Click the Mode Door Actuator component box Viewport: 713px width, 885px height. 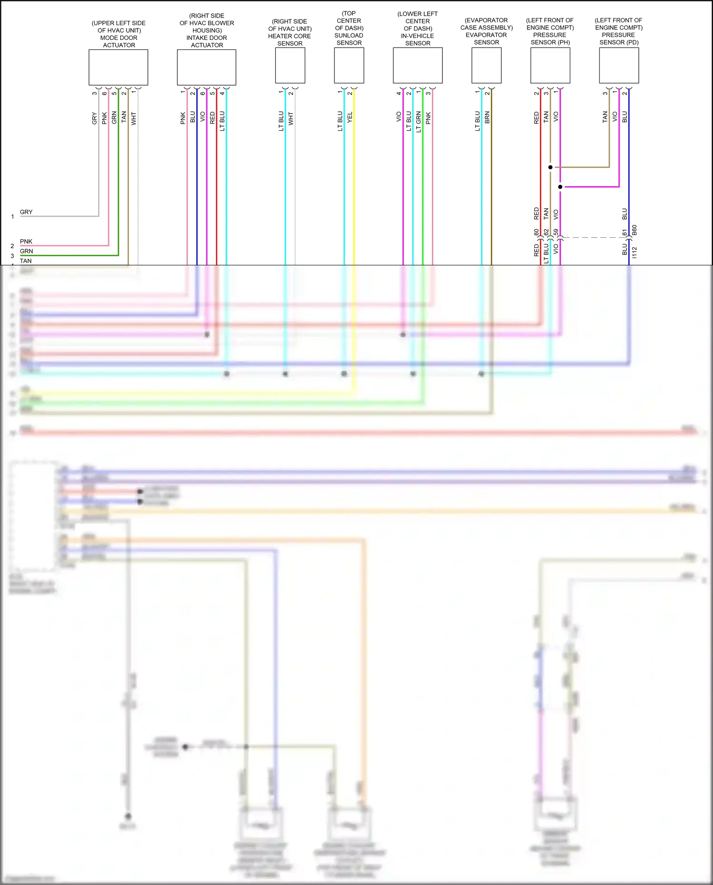pos(118,67)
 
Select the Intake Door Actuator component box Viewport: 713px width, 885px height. pos(206,67)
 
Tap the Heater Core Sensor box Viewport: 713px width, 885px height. pos(290,66)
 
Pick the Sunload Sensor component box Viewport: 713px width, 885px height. pos(349,66)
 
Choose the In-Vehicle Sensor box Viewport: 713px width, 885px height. pos(418,66)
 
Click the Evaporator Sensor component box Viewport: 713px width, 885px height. pos(486,66)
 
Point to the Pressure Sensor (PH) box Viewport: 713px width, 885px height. pos(550,66)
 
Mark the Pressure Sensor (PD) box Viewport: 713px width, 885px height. pos(619,66)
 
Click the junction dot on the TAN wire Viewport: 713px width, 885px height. pos(550,167)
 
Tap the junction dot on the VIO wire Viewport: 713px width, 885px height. pos(560,187)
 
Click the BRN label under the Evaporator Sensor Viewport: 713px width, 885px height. pos(487,117)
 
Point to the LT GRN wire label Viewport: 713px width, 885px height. pos(419,122)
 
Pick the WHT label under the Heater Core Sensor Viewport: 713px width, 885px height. pos(291,118)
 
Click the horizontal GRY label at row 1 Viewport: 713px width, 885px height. pos(26,212)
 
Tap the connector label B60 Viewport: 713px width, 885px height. pos(634,231)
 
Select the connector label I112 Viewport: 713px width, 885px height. pos(634,253)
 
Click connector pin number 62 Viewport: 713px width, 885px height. pos(546,232)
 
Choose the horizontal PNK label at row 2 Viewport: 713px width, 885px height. pos(26,242)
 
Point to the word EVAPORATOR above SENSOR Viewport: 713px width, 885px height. pos(486,35)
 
